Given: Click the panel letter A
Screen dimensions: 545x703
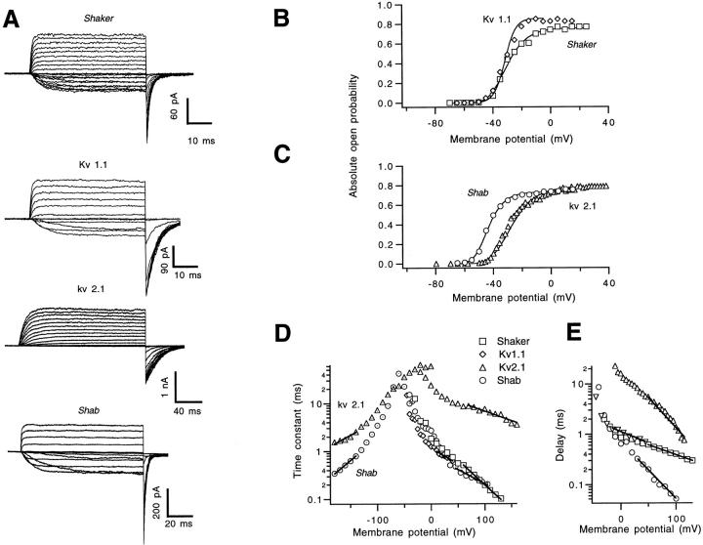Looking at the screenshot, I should click(x=14, y=21).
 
